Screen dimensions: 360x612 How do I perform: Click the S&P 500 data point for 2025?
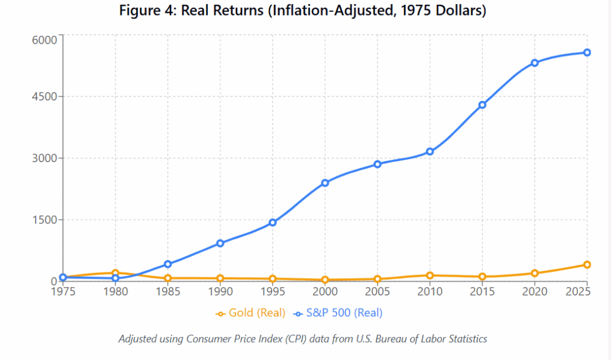(587, 53)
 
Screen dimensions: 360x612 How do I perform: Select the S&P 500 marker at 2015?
(482, 105)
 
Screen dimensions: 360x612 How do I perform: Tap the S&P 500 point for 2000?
(325, 183)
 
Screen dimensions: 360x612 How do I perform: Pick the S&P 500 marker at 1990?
(220, 243)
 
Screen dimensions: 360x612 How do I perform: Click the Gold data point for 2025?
(587, 265)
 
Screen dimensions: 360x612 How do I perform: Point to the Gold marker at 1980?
(115, 273)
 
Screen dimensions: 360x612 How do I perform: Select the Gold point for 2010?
(430, 276)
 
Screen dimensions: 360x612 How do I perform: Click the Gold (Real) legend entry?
(250, 313)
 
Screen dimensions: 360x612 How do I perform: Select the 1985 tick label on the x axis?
(168, 292)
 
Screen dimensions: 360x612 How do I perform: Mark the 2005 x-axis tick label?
(378, 292)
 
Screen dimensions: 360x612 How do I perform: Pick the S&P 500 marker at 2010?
(430, 152)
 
